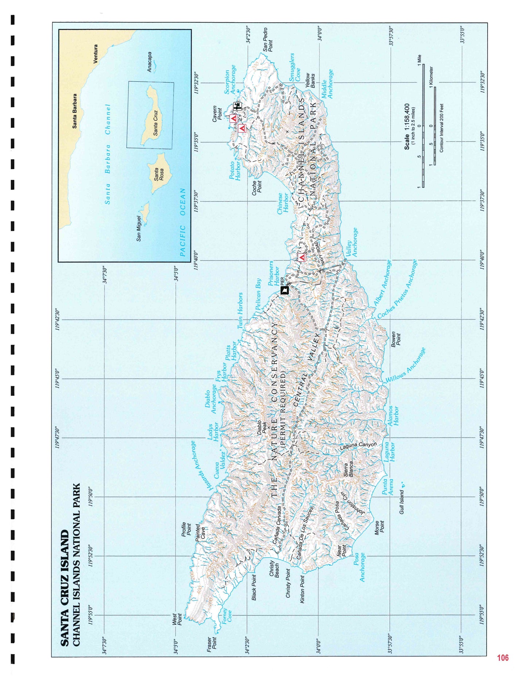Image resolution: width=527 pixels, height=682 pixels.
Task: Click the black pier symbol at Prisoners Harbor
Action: point(284,290)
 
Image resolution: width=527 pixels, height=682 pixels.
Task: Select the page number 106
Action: point(502,658)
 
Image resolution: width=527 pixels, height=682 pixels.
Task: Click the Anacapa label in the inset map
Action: point(150,62)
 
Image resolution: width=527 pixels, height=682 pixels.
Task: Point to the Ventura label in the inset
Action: point(96,54)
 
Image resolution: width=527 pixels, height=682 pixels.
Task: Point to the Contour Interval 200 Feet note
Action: point(441,128)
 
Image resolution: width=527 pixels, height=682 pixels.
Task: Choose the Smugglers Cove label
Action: point(294,67)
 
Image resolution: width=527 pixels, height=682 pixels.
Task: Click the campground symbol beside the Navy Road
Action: point(302,257)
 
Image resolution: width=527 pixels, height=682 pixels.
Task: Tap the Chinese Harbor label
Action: point(283,204)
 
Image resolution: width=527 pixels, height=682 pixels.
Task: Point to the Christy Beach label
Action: point(274,569)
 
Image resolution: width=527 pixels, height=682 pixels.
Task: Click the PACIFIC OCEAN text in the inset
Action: point(183,222)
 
